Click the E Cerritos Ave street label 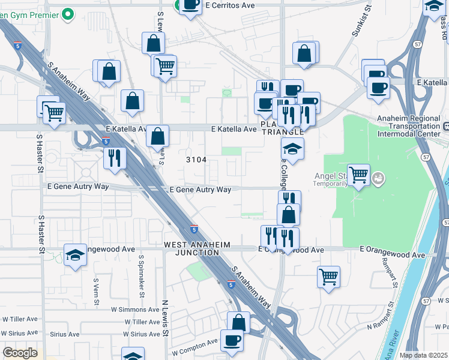pos(230,5)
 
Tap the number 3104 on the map pos(196,160)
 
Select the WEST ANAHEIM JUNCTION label pos(192,248)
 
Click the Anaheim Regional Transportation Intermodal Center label pos(411,127)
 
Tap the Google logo pos(20,353)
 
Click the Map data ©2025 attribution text pos(423,355)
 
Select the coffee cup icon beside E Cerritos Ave pos(190,6)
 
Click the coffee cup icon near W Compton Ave pos(232,339)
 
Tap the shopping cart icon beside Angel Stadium pos(358,175)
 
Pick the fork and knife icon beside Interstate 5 pos(114,158)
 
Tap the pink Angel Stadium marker pos(378,178)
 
